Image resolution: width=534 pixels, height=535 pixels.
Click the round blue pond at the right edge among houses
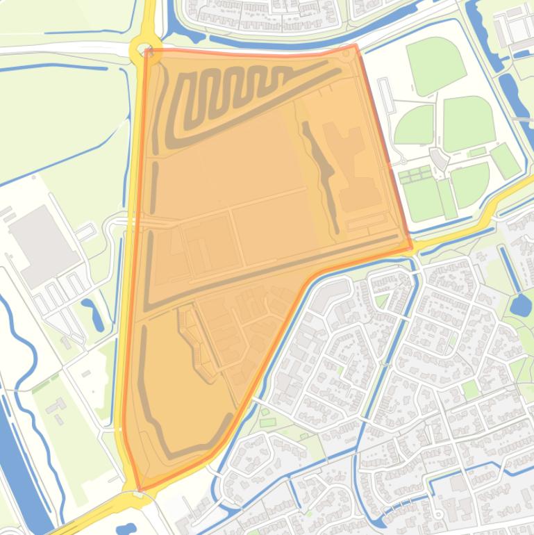520,304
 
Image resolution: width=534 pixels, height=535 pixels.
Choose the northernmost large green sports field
435,65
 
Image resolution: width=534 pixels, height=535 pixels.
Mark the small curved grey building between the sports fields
439,158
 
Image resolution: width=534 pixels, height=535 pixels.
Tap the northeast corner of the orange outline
356,46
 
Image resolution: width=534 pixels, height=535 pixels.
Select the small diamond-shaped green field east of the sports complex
505,160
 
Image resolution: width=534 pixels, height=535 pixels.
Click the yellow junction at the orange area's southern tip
136,495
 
